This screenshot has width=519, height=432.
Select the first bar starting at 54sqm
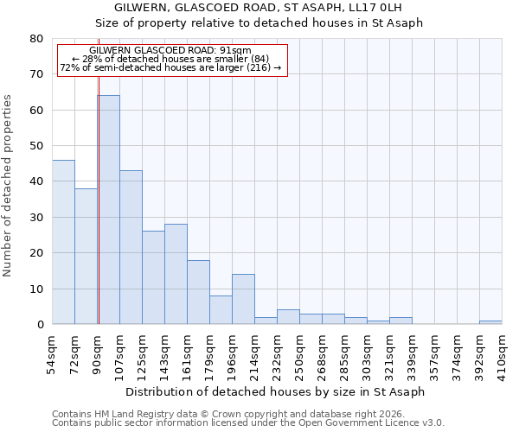tap(63, 242)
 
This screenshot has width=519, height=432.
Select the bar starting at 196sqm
tap(243, 299)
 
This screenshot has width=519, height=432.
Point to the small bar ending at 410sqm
tap(490, 322)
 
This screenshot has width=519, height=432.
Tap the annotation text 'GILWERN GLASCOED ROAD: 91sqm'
tap(170, 51)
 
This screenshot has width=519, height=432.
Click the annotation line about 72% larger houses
tap(170, 67)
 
